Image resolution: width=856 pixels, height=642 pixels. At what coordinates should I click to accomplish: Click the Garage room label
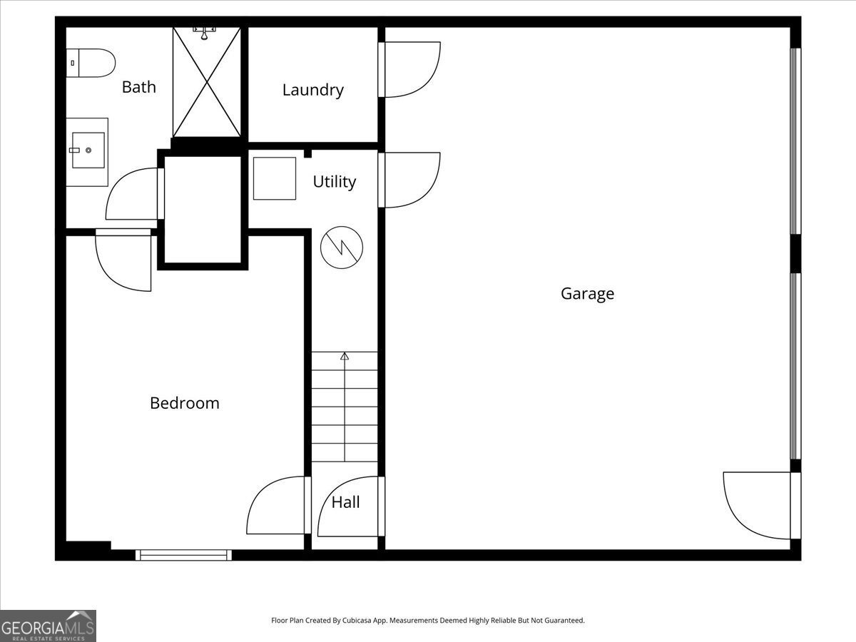(587, 294)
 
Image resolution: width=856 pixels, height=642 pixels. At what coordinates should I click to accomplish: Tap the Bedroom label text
(185, 403)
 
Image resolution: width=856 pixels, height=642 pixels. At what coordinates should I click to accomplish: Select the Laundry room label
(312, 90)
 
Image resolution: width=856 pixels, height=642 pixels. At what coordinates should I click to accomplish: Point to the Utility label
(334, 182)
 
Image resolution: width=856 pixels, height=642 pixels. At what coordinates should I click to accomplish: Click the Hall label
(346, 502)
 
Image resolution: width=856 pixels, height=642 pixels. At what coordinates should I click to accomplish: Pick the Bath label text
(138, 87)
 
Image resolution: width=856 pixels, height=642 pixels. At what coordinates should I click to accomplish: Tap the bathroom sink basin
(88, 151)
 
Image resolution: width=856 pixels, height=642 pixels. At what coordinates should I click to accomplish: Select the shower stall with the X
(207, 81)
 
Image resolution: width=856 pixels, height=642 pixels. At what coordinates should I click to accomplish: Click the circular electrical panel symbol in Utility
(342, 248)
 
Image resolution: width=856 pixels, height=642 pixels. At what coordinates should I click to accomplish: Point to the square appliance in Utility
(275, 178)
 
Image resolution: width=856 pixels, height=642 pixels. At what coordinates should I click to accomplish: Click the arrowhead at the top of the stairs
(345, 355)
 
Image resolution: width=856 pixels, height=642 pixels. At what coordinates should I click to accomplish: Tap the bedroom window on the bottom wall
(184, 554)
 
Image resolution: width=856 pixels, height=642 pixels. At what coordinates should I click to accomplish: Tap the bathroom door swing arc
(132, 194)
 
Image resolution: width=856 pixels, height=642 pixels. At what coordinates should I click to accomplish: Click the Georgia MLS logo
(48, 626)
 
